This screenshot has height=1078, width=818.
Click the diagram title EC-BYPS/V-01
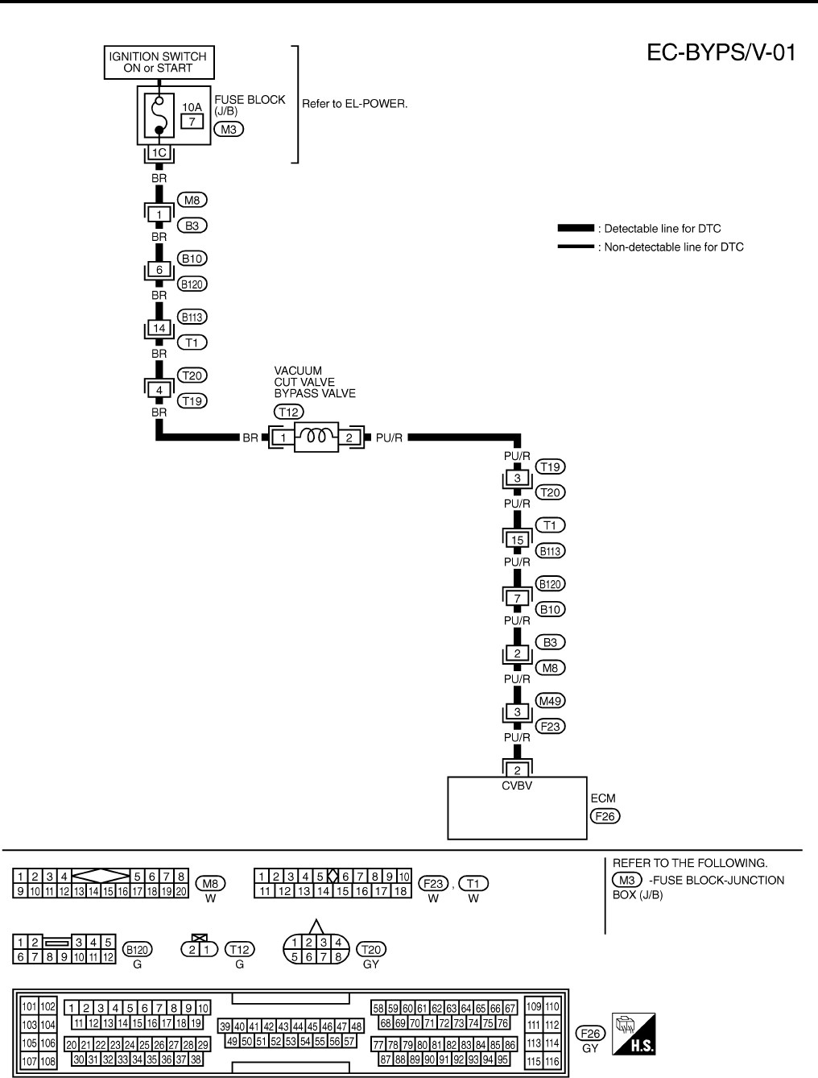721,53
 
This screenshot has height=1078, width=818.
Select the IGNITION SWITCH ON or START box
158,62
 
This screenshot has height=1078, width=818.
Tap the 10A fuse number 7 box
192,121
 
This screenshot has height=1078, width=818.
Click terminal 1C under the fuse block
159,152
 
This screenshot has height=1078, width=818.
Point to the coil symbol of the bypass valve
316,437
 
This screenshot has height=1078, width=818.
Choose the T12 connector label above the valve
288,412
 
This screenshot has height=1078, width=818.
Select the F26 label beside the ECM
605,816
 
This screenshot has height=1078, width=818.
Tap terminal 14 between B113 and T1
159,329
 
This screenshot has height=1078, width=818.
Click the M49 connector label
552,700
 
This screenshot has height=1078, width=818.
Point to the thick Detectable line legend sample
576,229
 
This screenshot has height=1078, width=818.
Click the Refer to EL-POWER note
354,104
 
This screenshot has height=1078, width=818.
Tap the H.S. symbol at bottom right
634,1034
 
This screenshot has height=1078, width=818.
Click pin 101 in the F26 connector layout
30,1006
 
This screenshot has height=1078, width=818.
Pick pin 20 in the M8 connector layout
182,891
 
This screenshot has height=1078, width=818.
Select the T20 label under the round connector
370,951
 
